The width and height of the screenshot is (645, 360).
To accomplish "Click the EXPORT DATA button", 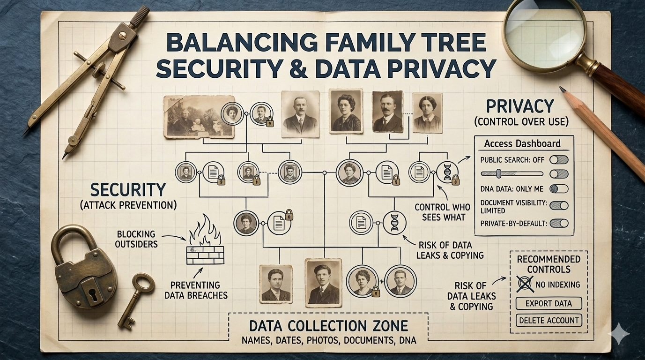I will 549,303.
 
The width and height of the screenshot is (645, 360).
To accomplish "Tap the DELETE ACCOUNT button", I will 549,321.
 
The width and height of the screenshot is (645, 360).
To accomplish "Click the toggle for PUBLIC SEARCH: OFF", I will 559,160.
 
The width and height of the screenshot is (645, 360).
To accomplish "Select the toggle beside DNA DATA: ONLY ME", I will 559,189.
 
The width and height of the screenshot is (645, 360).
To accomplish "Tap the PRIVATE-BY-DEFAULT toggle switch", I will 559,224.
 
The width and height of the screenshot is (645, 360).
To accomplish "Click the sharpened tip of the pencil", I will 562,89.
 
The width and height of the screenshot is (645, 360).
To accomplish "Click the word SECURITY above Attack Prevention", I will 128,190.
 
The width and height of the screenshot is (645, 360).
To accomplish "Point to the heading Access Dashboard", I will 522,144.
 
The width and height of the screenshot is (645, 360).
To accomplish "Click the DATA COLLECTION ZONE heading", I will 328,326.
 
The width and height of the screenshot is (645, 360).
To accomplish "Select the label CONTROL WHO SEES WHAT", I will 443,212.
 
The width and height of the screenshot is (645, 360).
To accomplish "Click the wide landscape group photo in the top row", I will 199,117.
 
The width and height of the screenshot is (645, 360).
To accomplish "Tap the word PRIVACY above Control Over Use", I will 520,106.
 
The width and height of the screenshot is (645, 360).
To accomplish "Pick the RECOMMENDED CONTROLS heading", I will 549,264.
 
